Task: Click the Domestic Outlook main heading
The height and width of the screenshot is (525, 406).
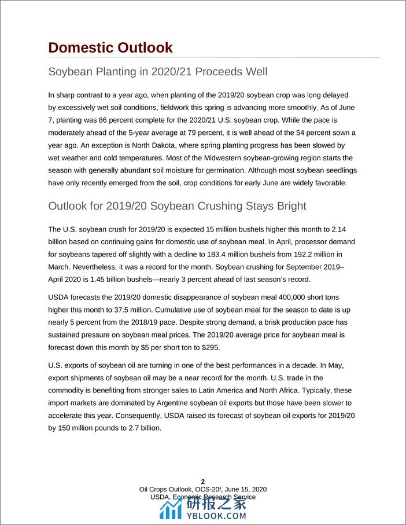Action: pyautogui.click(x=110, y=47)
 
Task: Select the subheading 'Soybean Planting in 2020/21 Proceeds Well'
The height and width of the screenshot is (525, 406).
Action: pyautogui.click(x=157, y=73)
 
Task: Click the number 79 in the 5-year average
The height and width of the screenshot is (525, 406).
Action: pyautogui.click(x=184, y=133)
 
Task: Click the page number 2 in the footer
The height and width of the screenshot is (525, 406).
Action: pyautogui.click(x=202, y=482)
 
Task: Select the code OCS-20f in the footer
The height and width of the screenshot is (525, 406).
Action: pyautogui.click(x=200, y=489)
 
